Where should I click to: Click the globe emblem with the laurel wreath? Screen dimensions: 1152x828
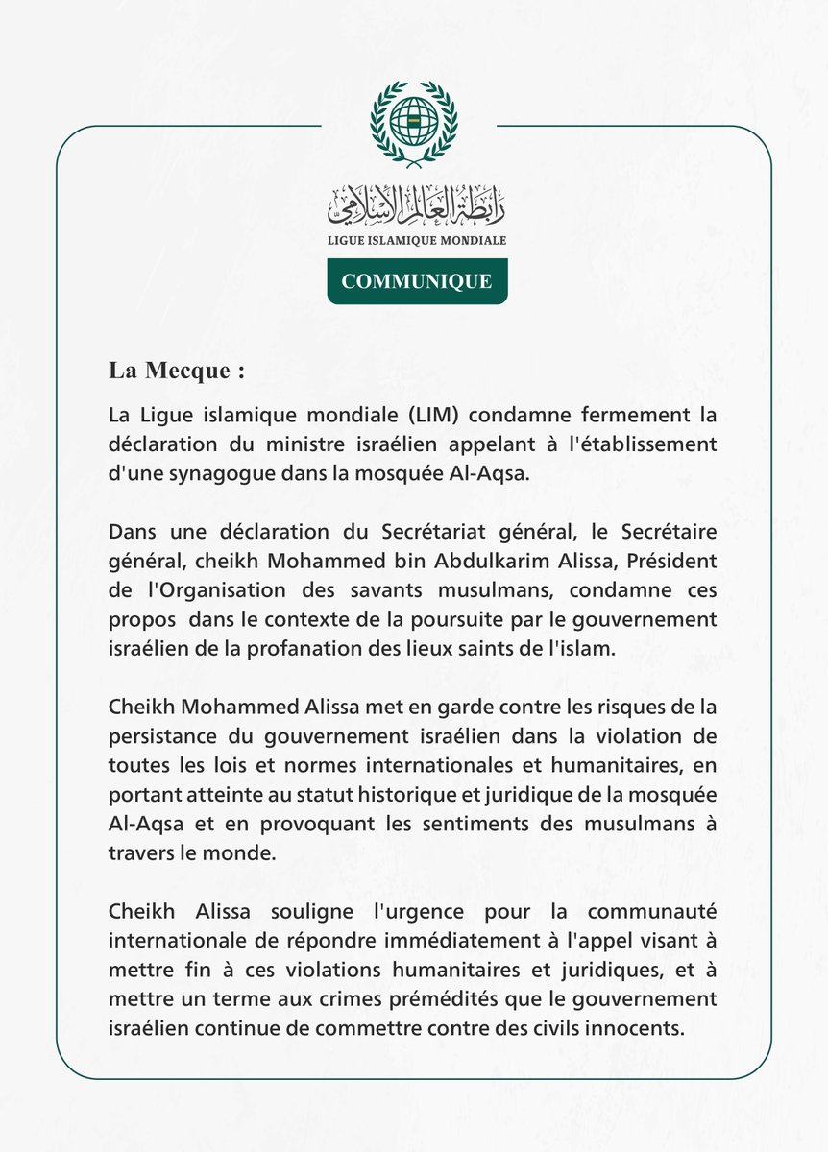click(414, 124)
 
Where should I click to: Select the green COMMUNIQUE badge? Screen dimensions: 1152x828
click(417, 281)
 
